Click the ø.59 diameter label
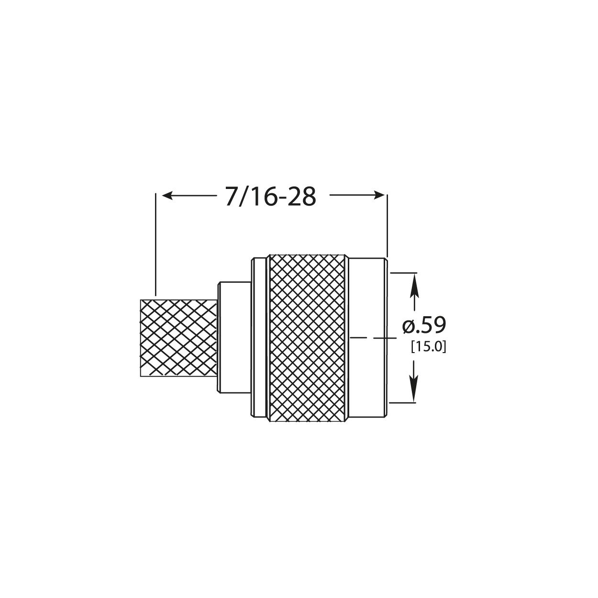424,326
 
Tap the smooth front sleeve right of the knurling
367,306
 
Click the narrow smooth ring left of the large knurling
260,339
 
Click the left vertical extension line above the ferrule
155,244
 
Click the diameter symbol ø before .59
408,326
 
